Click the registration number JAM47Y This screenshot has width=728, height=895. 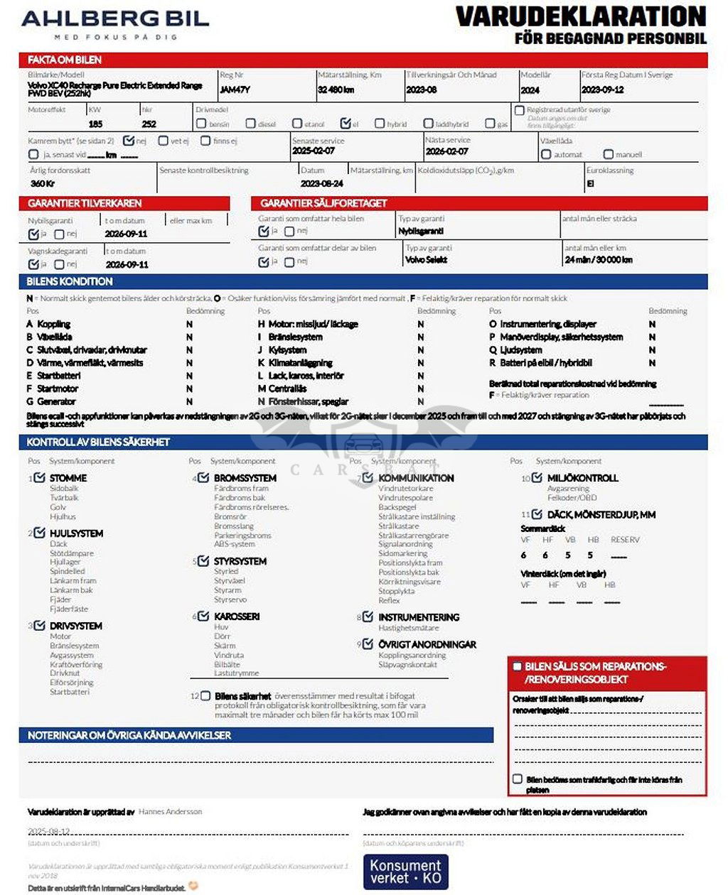235,90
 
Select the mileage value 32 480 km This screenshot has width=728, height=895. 336,90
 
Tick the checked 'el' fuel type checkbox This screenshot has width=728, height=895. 346,124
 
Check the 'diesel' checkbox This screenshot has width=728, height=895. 251,124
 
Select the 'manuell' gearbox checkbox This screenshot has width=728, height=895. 608,154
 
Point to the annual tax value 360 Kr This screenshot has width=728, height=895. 43,183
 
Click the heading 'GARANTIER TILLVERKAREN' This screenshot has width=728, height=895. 85,203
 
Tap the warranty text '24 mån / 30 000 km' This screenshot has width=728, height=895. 599,260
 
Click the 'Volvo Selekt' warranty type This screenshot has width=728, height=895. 427,260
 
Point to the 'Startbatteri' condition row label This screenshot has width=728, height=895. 59,376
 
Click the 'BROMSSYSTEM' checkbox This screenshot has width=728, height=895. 204,478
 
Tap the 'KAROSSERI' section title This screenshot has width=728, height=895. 237,617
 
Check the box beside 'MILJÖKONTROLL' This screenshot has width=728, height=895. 537,478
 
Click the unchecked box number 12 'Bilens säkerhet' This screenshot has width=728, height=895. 205,696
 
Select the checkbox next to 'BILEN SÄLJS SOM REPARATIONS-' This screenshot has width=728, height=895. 518,666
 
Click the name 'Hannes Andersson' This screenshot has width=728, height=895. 170,811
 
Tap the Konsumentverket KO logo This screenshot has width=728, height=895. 405,872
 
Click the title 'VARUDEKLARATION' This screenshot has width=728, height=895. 581,16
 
